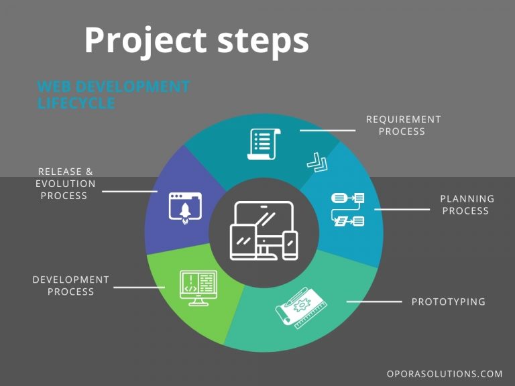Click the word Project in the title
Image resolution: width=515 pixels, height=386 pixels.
pyautogui.click(x=146, y=41)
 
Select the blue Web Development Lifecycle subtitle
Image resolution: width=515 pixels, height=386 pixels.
pyautogui.click(x=113, y=94)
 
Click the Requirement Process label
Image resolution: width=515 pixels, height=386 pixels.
pyautogui.click(x=403, y=125)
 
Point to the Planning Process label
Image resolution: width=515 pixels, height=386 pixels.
pyautogui.click(x=467, y=204)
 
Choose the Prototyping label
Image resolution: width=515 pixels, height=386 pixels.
pyautogui.click(x=449, y=302)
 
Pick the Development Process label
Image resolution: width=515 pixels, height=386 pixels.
pyautogui.click(x=70, y=285)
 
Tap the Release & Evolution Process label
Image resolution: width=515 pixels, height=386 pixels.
pyautogui.click(x=65, y=184)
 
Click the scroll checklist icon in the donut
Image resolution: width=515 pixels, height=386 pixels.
pyautogui.click(x=264, y=144)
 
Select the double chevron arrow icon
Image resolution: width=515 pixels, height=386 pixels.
pyautogui.click(x=317, y=162)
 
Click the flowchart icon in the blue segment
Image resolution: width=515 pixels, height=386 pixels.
pyautogui.click(x=347, y=209)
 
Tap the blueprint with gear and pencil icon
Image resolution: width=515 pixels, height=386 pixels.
pyautogui.click(x=301, y=308)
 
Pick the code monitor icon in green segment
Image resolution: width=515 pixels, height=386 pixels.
pyautogui.click(x=198, y=288)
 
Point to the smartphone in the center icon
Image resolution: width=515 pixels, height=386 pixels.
pyautogui.click(x=290, y=245)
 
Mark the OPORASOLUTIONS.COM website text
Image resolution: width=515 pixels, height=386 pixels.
pyautogui.click(x=445, y=374)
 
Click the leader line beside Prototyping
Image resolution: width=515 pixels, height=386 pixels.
pyautogui.click(x=374, y=302)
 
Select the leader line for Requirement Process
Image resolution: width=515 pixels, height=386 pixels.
pyautogui.click(x=327, y=131)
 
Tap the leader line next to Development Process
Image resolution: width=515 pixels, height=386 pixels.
pyautogui.click(x=139, y=287)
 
